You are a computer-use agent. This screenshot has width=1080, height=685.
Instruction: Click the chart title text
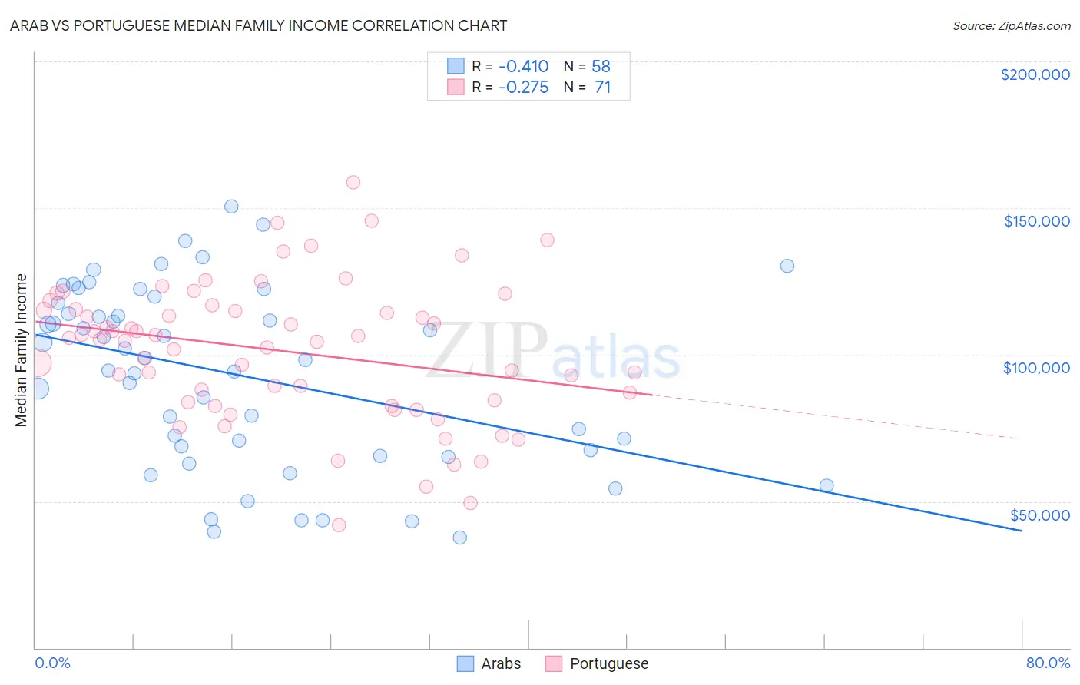tap(258, 25)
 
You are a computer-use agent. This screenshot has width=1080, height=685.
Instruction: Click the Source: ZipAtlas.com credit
tap(1011, 26)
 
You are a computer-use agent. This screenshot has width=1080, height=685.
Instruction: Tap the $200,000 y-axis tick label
tap(1035, 74)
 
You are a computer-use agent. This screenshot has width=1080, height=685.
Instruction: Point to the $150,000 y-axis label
tap(1036, 221)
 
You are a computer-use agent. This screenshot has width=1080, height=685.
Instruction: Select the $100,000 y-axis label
tap(1036, 368)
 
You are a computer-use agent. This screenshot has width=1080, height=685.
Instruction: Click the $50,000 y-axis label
tap(1039, 515)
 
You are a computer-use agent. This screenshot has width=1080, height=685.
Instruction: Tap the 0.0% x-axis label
tap(52, 663)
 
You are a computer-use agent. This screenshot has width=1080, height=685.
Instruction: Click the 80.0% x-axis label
tap(1048, 663)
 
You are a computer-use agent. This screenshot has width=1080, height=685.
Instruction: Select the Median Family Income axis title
tap(22, 350)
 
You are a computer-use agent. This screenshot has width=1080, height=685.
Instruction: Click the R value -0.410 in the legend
tap(523, 67)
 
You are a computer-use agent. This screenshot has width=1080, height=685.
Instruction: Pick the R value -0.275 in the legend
tap(523, 88)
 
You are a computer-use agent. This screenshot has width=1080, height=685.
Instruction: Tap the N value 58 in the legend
tap(601, 67)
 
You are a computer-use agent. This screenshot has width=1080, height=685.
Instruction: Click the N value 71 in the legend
tap(602, 88)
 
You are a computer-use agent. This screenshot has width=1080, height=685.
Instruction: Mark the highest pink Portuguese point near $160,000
tap(353, 182)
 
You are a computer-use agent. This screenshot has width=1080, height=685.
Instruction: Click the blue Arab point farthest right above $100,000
tap(787, 266)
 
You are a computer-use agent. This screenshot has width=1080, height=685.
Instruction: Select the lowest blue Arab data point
tap(460, 538)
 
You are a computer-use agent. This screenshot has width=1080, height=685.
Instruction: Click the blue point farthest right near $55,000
tap(827, 485)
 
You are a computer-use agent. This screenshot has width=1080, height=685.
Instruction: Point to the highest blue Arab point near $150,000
tap(231, 207)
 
